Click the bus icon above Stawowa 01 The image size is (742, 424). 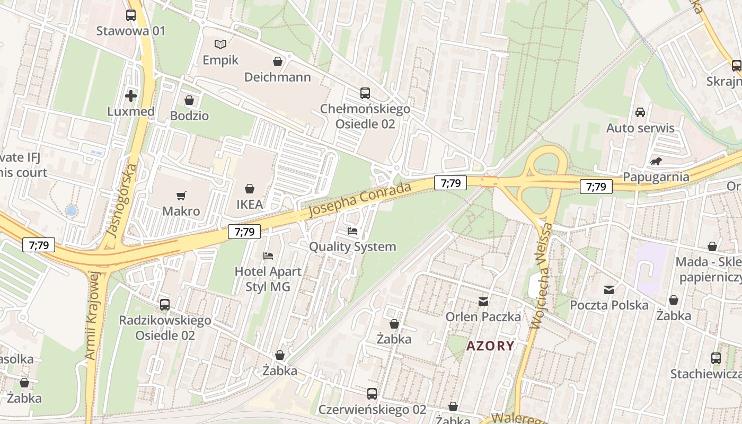click(x=131, y=15)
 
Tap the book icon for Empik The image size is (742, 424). click(x=220, y=44)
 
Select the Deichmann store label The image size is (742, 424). click(x=277, y=77)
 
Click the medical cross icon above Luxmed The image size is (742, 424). click(x=131, y=96)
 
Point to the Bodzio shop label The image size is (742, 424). click(x=189, y=116)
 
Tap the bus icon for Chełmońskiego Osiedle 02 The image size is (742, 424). click(x=365, y=93)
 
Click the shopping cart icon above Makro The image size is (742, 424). click(x=181, y=196)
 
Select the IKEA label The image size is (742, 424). click(x=249, y=204)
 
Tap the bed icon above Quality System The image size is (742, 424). click(x=352, y=231)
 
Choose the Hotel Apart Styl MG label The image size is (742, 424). click(x=268, y=279)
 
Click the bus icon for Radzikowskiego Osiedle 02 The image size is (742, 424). click(x=165, y=305)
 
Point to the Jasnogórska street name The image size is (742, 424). click(x=121, y=207)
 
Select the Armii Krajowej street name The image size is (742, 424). click(x=92, y=316)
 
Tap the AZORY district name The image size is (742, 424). click(x=490, y=346)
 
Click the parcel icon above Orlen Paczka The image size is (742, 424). click(x=483, y=302)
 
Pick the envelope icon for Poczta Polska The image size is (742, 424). click(x=609, y=290)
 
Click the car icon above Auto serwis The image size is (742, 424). click(x=640, y=112)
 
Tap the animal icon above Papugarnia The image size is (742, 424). click(x=656, y=162)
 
